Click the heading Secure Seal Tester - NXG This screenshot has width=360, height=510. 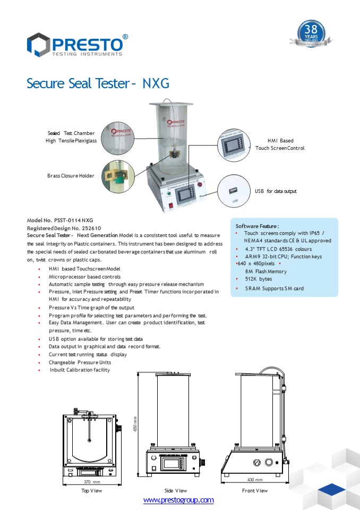(x=98, y=83)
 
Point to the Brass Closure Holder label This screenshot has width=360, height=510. (x=71, y=175)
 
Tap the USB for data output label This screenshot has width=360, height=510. (x=276, y=191)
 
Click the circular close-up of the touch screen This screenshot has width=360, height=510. (x=234, y=144)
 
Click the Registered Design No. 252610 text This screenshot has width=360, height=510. (x=64, y=227)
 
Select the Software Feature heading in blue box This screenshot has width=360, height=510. (x=257, y=226)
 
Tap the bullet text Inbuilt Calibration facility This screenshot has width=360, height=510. (x=80, y=370)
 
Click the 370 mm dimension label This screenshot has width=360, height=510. (x=92, y=482)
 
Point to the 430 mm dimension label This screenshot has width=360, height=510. (x=255, y=480)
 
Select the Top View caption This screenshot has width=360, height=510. (x=91, y=491)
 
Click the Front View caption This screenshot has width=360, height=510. (x=255, y=491)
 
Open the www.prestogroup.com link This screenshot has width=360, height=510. (x=178, y=500)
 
